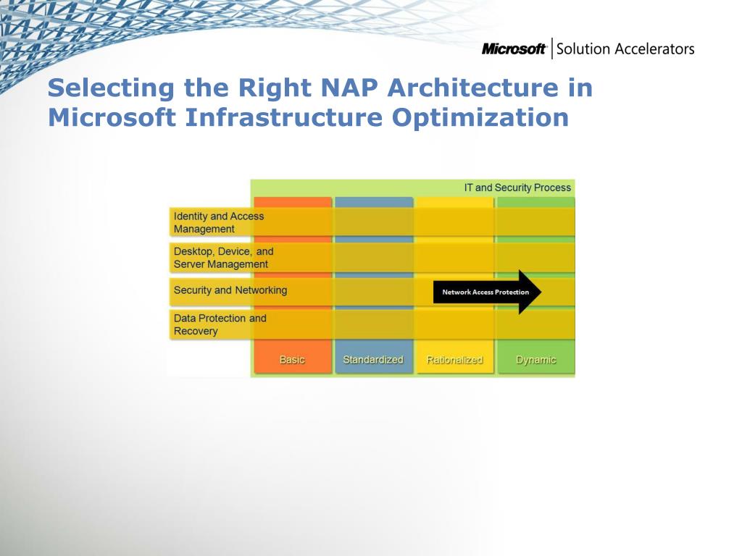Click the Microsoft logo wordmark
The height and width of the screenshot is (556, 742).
514,49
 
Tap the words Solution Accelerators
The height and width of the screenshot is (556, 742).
625,49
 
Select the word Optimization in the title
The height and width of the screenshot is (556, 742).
480,117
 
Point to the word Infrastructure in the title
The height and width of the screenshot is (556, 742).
283,117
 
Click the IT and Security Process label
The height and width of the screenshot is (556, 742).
517,188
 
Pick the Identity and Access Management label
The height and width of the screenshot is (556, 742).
219,222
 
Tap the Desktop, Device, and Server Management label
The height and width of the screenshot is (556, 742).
223,258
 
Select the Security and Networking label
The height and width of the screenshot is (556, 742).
230,290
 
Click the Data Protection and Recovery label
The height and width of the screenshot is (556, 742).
220,324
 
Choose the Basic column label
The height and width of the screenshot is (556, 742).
292,360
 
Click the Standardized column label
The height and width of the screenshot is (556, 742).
373,360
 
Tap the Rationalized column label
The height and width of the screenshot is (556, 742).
454,360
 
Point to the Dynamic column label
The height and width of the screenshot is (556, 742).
535,361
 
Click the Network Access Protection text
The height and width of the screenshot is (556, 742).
485,292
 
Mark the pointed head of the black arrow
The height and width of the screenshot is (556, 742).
541,292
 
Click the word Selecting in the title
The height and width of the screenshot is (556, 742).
111,88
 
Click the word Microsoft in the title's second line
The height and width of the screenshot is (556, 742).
112,117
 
